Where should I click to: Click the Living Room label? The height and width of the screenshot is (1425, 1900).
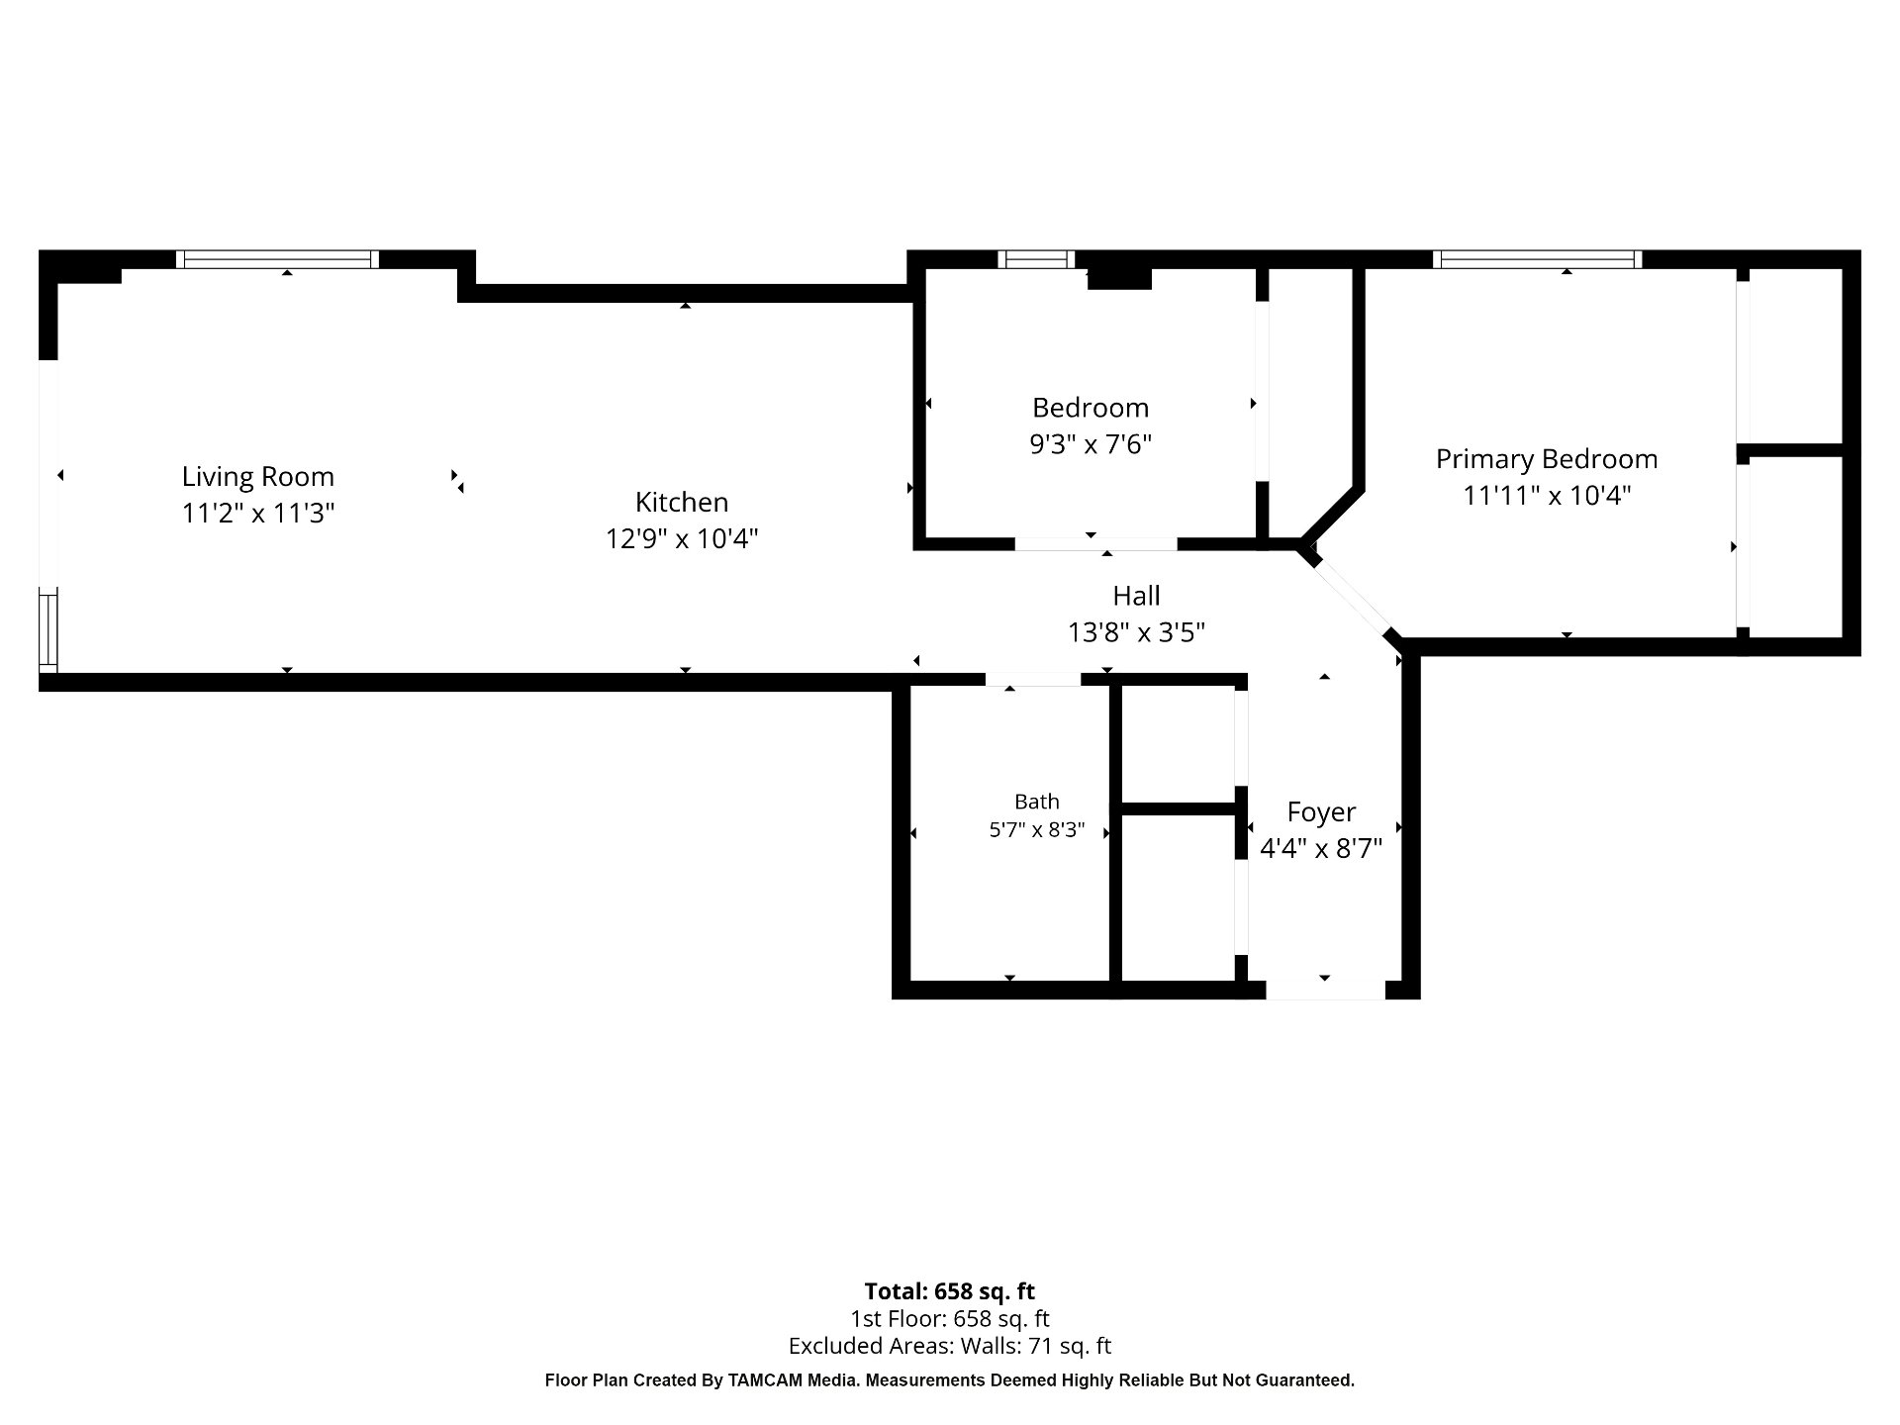point(258,477)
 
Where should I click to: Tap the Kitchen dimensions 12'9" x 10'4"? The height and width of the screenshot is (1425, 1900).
point(682,538)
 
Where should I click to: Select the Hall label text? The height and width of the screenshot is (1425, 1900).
point(1136,596)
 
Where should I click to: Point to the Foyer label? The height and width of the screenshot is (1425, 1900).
point(1321,812)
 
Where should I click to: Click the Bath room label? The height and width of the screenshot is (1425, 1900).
point(1037,802)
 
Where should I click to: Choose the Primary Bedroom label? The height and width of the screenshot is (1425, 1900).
point(1547,459)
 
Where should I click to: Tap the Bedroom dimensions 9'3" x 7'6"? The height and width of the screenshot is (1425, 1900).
point(1091,444)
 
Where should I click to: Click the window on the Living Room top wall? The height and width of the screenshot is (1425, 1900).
point(278,259)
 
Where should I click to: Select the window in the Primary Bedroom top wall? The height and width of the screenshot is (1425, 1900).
point(1537,259)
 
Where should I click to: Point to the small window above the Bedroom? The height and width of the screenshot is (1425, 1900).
point(1036,259)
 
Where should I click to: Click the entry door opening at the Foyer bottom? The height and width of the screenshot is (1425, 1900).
point(1325,990)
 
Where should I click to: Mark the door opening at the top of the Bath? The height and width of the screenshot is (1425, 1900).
point(1033,680)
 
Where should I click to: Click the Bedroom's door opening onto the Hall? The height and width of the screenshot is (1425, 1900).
point(1096,544)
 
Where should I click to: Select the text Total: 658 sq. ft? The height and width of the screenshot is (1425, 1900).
point(950,1291)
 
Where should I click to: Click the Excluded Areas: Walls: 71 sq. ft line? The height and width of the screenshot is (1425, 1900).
point(950,1346)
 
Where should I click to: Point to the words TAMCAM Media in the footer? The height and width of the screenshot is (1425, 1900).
point(793,1380)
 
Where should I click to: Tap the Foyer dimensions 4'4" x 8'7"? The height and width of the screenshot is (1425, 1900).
point(1321,848)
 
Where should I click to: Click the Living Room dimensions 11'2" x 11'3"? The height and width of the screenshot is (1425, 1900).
point(258,513)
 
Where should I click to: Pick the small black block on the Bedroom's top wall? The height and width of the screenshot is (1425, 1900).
point(1119,278)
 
